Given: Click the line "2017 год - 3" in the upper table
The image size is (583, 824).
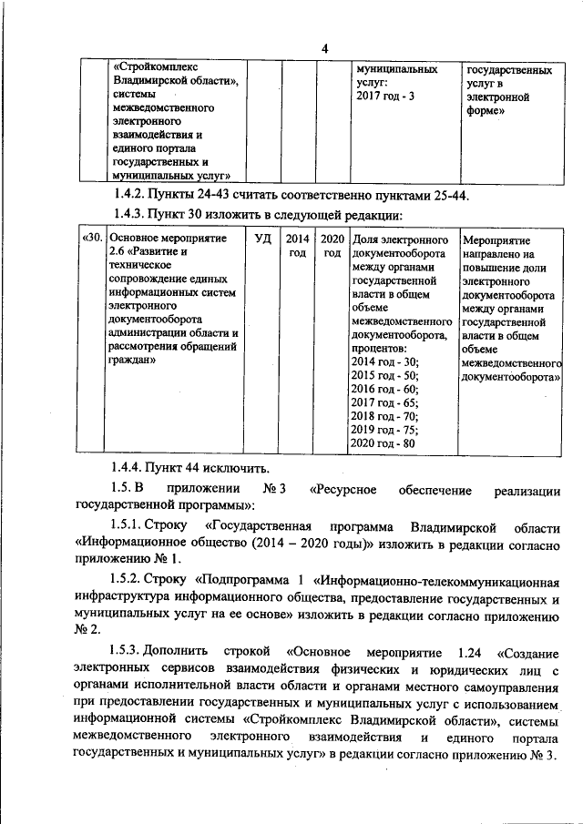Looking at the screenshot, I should (385, 96).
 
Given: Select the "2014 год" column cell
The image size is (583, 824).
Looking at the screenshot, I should (297, 245).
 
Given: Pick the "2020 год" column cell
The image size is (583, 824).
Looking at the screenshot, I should (331, 245).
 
